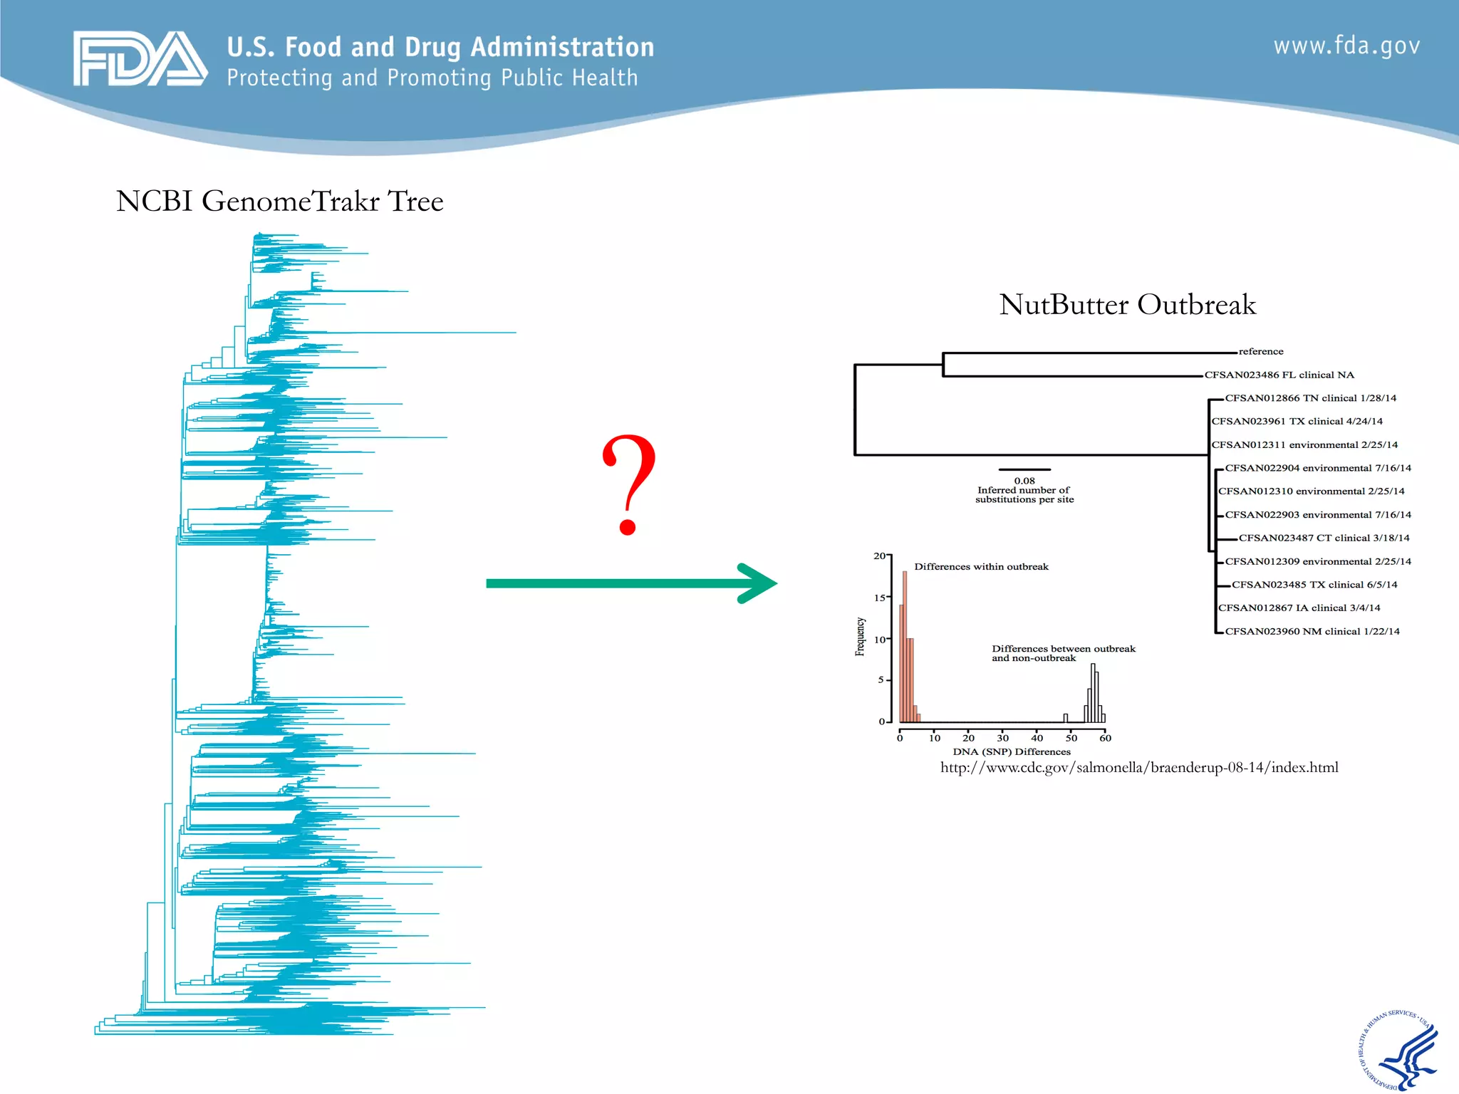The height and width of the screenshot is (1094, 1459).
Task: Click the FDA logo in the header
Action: [x=140, y=58]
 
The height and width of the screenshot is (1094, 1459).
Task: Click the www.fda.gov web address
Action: [x=1346, y=46]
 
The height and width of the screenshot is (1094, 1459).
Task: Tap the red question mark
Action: [x=628, y=484]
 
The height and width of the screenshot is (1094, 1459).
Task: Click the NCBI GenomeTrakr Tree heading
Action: [x=279, y=202]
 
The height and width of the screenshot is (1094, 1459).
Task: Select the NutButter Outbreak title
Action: [x=1127, y=305]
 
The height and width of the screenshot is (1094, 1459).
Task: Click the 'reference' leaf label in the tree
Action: [x=1261, y=351]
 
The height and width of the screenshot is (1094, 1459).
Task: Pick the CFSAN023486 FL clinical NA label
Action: [x=1279, y=375]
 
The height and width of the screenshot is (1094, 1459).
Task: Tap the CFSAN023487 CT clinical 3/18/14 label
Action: [x=1324, y=538]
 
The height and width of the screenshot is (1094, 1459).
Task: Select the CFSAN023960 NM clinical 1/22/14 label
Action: [x=1312, y=631]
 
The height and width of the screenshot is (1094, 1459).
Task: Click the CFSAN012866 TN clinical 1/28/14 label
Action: [x=1310, y=398]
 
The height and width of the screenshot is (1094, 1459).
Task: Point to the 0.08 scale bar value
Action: [x=1024, y=481]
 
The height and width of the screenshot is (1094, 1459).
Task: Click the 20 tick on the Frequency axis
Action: [x=880, y=556]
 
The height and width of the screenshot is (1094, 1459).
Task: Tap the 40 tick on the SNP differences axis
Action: [x=1037, y=738]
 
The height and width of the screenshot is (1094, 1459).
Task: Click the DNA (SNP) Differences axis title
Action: [x=1012, y=751]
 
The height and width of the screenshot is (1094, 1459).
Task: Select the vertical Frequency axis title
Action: [x=860, y=636]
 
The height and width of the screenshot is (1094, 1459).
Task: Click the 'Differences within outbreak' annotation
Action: [x=981, y=567]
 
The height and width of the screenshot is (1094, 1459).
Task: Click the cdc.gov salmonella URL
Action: [x=1138, y=768]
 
